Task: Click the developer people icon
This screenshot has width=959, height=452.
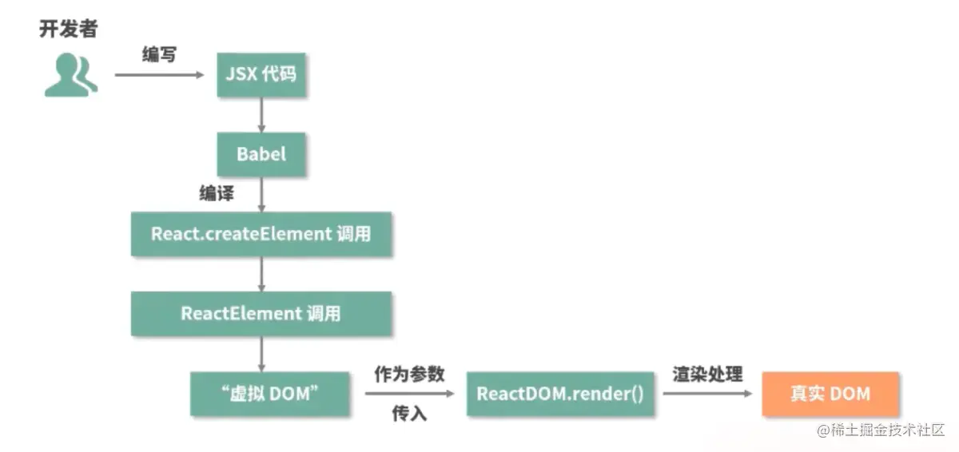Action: (70, 75)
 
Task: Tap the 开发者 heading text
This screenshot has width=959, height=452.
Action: (68, 29)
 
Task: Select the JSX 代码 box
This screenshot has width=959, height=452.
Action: (261, 75)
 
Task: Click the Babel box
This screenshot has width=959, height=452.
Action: (261, 154)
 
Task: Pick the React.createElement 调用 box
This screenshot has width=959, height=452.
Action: (261, 234)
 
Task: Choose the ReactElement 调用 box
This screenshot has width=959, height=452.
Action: (261, 313)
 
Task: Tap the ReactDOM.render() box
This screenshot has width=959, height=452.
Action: (560, 394)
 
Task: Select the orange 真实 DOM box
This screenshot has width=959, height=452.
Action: (830, 394)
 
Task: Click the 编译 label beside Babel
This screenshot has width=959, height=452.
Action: (217, 193)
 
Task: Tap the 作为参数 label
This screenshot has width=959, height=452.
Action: (409, 374)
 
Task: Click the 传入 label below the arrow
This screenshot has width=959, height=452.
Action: (409, 414)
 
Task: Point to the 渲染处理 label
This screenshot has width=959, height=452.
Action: (707, 374)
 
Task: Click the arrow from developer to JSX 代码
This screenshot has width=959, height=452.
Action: (160, 75)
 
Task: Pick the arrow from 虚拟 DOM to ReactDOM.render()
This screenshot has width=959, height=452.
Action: (409, 394)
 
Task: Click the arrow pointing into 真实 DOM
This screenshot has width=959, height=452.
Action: (708, 394)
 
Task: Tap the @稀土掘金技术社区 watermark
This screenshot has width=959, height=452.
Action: (881, 430)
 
